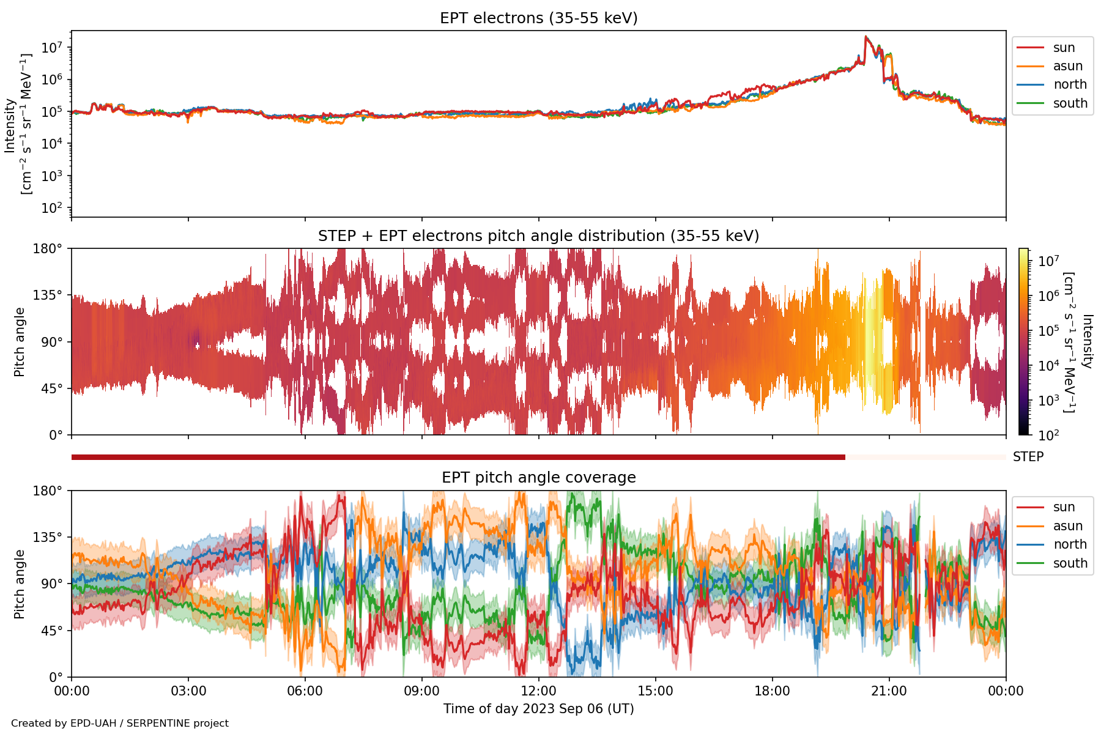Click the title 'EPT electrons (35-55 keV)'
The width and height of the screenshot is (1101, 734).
coord(538,18)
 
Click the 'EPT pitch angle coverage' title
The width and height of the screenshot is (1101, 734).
coord(538,478)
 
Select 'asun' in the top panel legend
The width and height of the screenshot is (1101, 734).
coord(1067,66)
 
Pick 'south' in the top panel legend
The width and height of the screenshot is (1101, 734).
coord(1070,103)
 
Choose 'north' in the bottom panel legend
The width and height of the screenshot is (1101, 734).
coord(1070,544)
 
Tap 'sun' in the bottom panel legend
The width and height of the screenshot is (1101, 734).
coord(1064,507)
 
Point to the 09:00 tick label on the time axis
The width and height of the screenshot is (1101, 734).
coord(422,691)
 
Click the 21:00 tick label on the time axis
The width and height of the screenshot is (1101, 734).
coord(889,691)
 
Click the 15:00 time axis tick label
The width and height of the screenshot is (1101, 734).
coord(655,691)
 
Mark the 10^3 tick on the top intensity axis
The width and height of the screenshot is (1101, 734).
coord(54,176)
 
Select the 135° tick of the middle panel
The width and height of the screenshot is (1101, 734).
coord(48,295)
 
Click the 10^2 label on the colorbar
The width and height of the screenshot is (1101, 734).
coord(1048,436)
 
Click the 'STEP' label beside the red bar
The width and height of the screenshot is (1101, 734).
coord(1028,457)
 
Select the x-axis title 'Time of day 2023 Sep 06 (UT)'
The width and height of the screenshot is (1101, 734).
coord(538,709)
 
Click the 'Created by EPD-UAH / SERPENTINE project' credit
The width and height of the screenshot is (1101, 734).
coord(120,724)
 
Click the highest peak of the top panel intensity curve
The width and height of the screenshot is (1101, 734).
coord(866,37)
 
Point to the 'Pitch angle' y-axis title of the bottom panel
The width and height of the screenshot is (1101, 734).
coord(20,584)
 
